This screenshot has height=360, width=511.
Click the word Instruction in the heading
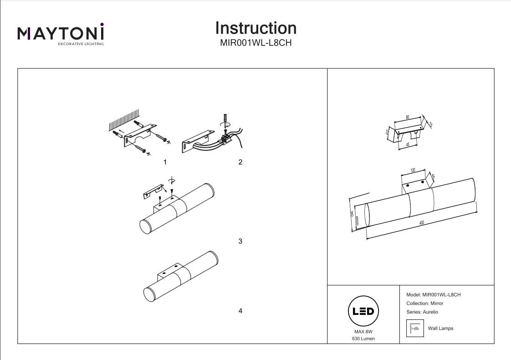point(255,28)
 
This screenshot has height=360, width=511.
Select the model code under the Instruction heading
point(255,44)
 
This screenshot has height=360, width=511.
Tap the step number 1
point(165,162)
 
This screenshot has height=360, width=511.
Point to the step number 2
point(240,162)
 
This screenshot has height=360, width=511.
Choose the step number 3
point(240,241)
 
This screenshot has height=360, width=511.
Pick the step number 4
point(240,311)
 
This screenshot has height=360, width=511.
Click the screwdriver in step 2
point(224,122)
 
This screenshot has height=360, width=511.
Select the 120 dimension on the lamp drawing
point(413,170)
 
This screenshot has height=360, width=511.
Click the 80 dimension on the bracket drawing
point(408,117)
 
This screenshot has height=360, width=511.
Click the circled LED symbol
point(363,312)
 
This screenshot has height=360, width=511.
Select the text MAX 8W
point(363,332)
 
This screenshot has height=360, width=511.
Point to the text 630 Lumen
point(363,339)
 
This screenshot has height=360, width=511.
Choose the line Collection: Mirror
point(424,303)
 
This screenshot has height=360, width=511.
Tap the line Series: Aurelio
point(421,312)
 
